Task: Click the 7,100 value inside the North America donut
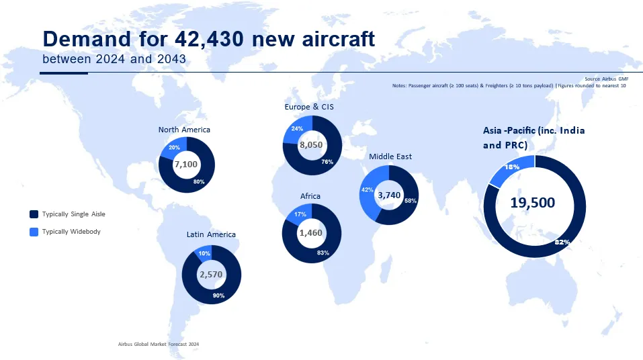[186, 165]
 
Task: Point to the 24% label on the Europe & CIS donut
[297, 128]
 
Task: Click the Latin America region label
[211, 234]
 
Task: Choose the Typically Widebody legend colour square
[34, 232]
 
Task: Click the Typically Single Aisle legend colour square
[34, 214]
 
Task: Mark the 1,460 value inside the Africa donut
[311, 233]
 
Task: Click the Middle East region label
[390, 156]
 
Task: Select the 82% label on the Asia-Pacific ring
[562, 242]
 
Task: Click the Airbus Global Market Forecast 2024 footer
[159, 344]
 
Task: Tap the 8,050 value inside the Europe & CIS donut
[312, 145]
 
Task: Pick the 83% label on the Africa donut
[323, 253]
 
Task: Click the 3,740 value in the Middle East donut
[390, 195]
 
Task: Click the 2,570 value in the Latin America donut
[211, 275]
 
